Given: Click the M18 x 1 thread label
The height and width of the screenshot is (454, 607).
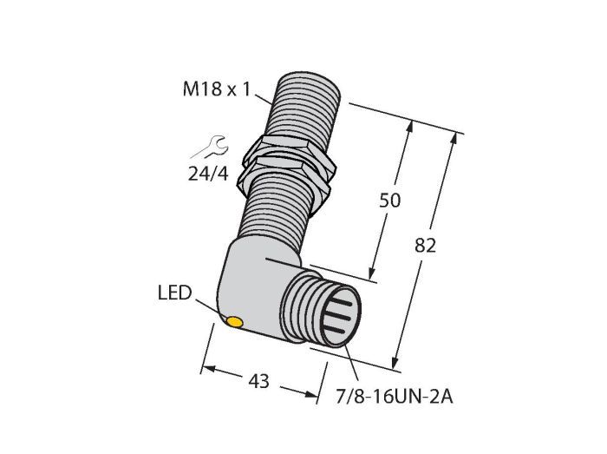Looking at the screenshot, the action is [217, 89].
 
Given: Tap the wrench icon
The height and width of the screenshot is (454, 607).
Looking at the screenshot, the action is [210, 147].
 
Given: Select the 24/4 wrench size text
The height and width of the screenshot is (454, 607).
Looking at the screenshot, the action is [208, 174].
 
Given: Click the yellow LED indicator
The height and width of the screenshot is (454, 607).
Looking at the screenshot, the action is [235, 322].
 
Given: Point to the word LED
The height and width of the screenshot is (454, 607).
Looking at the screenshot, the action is [174, 293].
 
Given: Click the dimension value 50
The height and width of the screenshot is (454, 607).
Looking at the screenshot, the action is [389, 201].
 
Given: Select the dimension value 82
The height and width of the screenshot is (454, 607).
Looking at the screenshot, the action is [425, 246].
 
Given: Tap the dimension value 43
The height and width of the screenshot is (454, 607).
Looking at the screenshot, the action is [258, 382].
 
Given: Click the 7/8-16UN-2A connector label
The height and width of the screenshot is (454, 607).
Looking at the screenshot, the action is [394, 397].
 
